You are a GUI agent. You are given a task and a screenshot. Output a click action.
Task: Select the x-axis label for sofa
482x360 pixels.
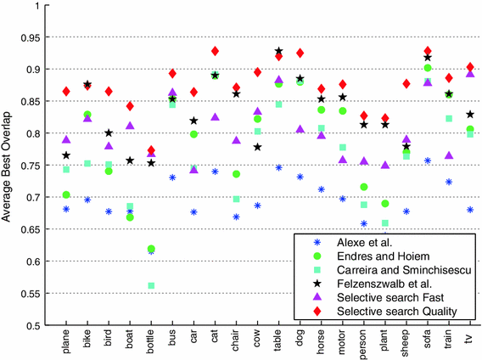point(428,340)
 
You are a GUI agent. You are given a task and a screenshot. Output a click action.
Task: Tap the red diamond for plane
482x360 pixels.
point(66,91)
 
